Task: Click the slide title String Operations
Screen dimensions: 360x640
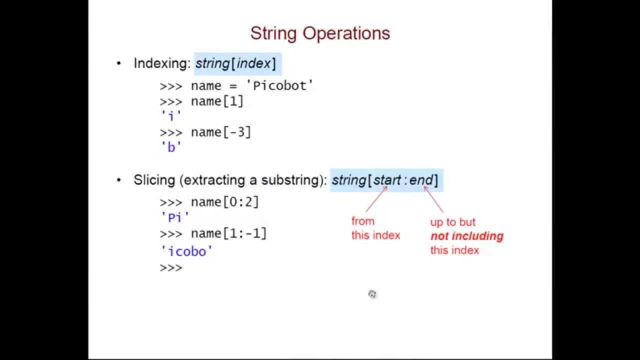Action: pyautogui.click(x=320, y=33)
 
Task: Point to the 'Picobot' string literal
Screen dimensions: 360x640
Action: pyautogui.click(x=280, y=85)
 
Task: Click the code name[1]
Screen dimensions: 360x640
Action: pyautogui.click(x=217, y=101)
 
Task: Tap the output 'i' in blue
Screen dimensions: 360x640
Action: pyautogui.click(x=171, y=116)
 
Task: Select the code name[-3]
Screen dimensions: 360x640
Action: pyautogui.click(x=221, y=132)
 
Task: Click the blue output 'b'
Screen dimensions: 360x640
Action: pyautogui.click(x=171, y=147)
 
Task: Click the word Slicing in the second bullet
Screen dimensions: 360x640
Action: pyautogui.click(x=154, y=180)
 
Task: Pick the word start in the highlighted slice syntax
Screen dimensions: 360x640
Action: pyautogui.click(x=387, y=180)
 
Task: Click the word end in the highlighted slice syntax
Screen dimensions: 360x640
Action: pyautogui.click(x=421, y=180)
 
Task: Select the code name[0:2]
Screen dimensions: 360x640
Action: pyautogui.click(x=225, y=202)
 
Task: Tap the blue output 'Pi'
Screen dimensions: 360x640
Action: pyautogui.click(x=175, y=217)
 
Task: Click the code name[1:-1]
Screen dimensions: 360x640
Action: pyautogui.click(x=229, y=233)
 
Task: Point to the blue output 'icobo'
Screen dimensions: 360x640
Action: pyautogui.click(x=187, y=251)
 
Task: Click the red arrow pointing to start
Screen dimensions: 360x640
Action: pyautogui.click(x=376, y=199)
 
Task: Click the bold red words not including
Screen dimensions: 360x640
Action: pyautogui.click(x=466, y=236)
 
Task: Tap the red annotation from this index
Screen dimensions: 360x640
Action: pyautogui.click(x=375, y=228)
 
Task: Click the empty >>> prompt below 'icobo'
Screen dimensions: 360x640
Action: pyautogui.click(x=171, y=268)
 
